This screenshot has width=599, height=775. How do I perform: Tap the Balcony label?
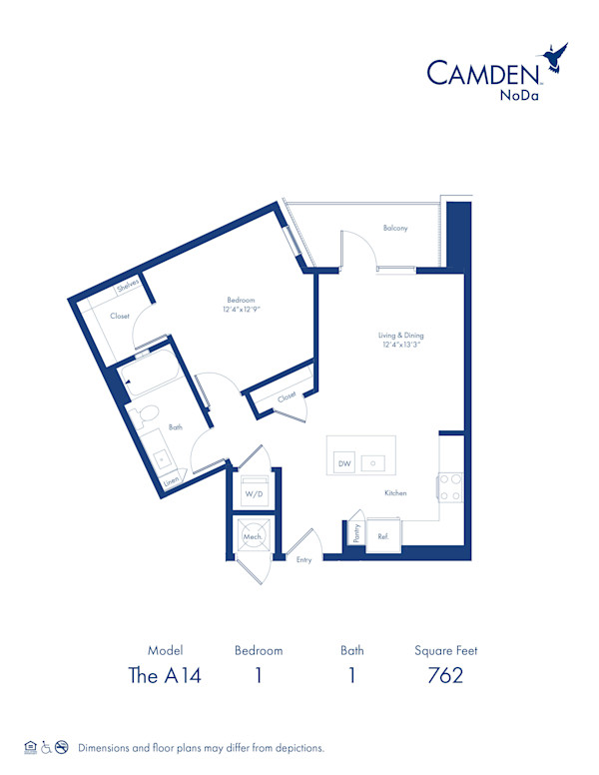[x=395, y=229]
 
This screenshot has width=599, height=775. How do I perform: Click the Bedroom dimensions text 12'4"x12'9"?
[x=241, y=310]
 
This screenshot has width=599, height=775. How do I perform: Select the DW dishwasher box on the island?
[x=344, y=463]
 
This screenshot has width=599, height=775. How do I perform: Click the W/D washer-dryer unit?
[x=253, y=493]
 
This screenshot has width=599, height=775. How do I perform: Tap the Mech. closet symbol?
[x=252, y=535]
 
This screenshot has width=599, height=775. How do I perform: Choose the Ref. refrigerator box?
[x=382, y=536]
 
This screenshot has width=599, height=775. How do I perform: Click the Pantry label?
[x=355, y=533]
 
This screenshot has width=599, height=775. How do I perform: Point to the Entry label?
[x=303, y=560]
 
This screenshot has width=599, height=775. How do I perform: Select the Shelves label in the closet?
[x=127, y=287]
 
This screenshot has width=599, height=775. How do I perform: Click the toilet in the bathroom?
[x=142, y=412]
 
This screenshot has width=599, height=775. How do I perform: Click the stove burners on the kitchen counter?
[x=449, y=486]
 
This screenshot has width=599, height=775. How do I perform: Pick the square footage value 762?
[x=444, y=675]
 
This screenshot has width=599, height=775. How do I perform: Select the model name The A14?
[x=165, y=675]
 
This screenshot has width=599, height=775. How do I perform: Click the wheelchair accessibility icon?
[x=45, y=747]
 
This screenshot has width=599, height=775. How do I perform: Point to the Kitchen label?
[x=396, y=493]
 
